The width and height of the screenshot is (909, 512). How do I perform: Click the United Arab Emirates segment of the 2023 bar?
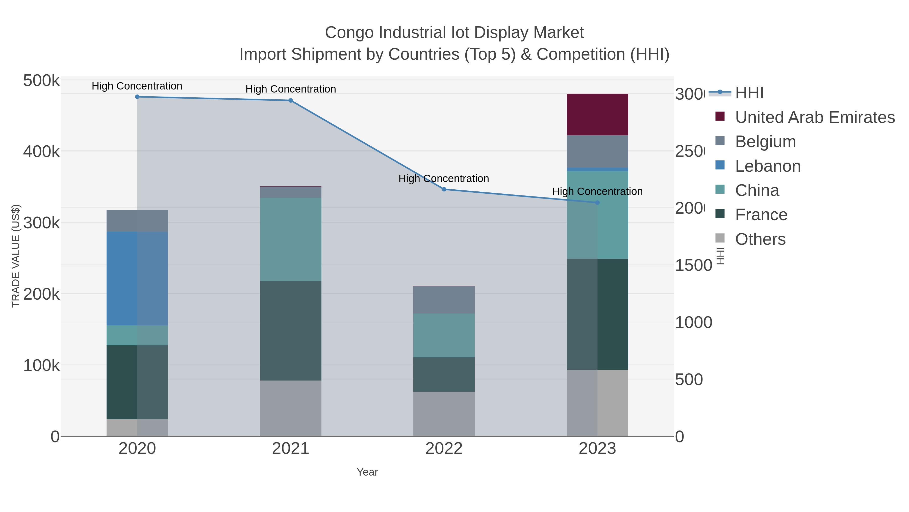click(597, 115)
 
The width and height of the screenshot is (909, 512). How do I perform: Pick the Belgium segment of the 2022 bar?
click(444, 300)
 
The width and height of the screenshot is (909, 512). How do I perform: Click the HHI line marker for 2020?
click(137, 97)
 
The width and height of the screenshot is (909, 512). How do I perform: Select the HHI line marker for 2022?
click(444, 189)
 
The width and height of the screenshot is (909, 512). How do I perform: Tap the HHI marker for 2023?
click(597, 203)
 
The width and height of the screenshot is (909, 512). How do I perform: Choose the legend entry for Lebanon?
click(768, 166)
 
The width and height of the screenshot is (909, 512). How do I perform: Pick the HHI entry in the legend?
click(749, 93)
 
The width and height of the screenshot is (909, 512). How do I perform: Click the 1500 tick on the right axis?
click(693, 265)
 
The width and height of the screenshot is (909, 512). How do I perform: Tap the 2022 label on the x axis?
click(444, 449)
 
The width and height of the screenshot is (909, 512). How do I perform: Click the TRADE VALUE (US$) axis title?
click(16, 256)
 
